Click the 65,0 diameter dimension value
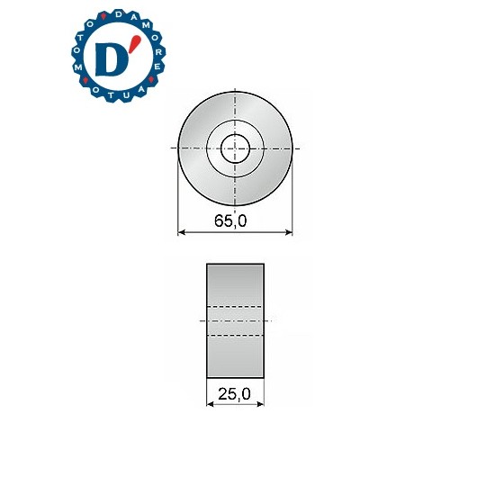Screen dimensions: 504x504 [x=235, y=220]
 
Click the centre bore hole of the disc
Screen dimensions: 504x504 [x=235, y=147]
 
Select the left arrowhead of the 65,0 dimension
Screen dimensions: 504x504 [x=183, y=233]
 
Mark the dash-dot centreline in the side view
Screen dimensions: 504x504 [x=235, y=320]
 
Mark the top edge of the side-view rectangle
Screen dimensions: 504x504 [x=235, y=264]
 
